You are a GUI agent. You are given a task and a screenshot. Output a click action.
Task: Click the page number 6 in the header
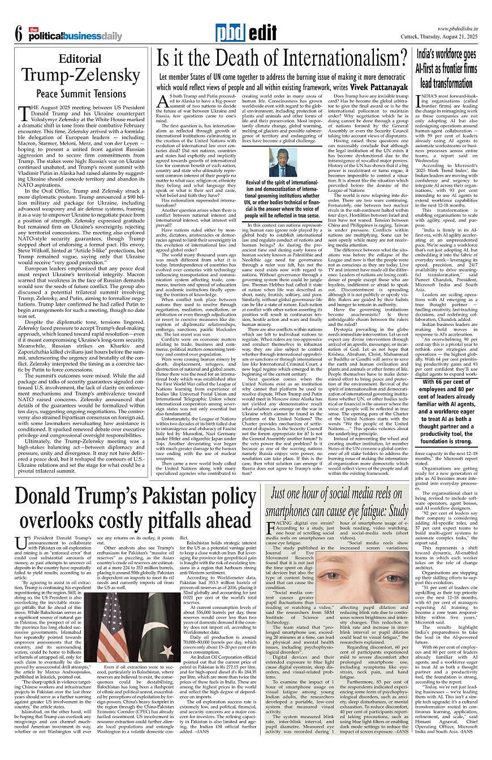pyautogui.click(x=18, y=34)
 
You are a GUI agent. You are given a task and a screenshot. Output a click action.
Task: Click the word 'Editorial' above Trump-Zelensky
pyautogui.click(x=80, y=59)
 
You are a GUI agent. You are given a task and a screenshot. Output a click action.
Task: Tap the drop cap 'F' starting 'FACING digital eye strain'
pyautogui.click(x=270, y=528)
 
